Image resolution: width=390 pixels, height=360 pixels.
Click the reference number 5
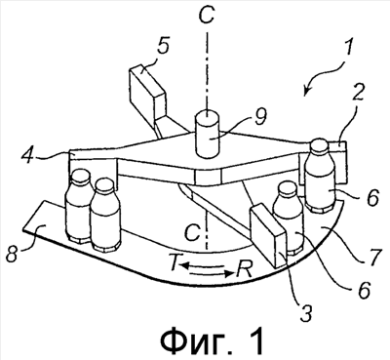163,48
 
